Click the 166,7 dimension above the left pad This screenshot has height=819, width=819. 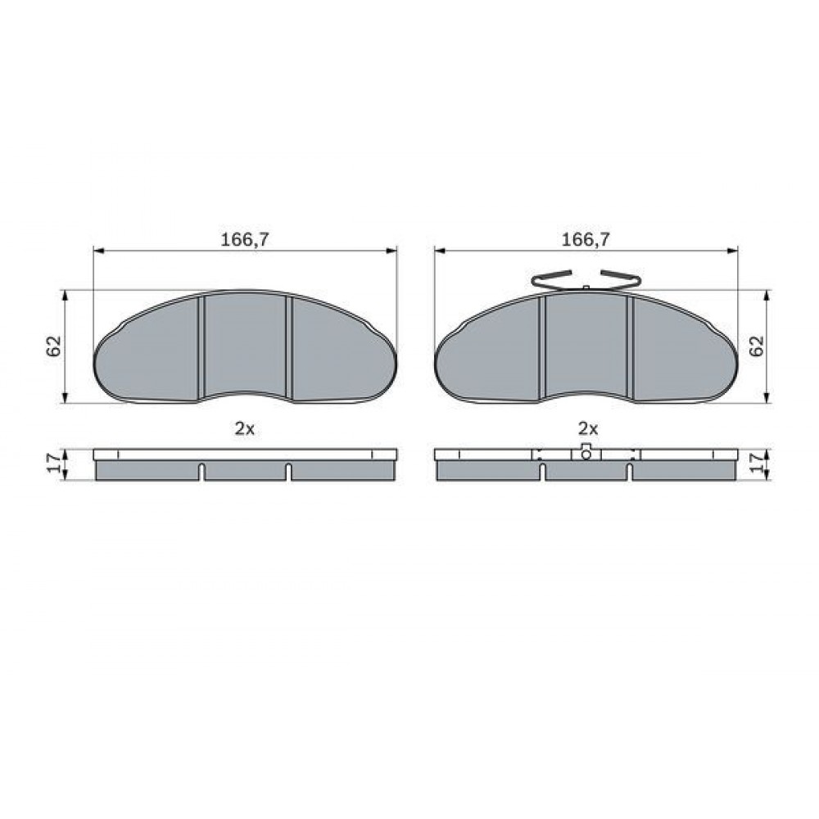(244, 240)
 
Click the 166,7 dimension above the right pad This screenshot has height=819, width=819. (585, 240)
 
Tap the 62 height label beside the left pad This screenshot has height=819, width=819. (54, 346)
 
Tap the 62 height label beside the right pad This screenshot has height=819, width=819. (756, 346)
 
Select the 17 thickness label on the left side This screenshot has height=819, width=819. (54, 463)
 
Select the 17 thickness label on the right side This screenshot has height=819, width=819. (756, 463)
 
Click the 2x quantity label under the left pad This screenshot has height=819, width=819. (244, 429)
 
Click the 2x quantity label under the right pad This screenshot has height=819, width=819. (587, 429)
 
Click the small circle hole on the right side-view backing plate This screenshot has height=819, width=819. (586, 455)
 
